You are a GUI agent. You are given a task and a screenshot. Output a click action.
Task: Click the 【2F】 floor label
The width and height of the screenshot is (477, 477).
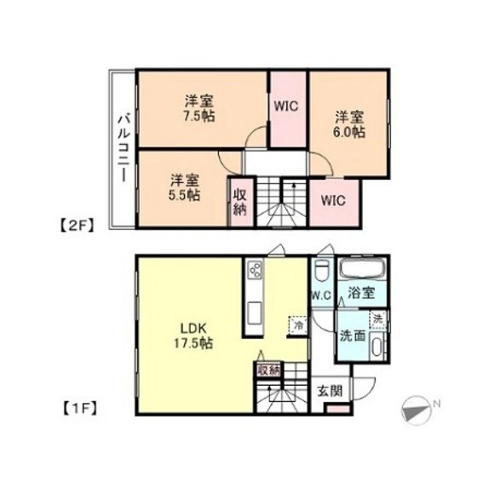[x=74, y=227]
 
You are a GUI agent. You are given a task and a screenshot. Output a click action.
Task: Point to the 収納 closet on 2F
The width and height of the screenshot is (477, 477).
[x=240, y=201]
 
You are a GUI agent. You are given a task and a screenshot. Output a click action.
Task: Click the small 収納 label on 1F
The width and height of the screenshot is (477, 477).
[x=267, y=371]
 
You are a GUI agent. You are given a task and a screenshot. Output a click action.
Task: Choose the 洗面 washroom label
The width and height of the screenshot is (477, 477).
[x=353, y=335]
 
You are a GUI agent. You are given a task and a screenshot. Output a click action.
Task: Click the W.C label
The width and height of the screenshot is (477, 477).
[x=321, y=296]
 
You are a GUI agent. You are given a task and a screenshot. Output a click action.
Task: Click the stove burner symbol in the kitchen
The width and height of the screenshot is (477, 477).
[x=255, y=271]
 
